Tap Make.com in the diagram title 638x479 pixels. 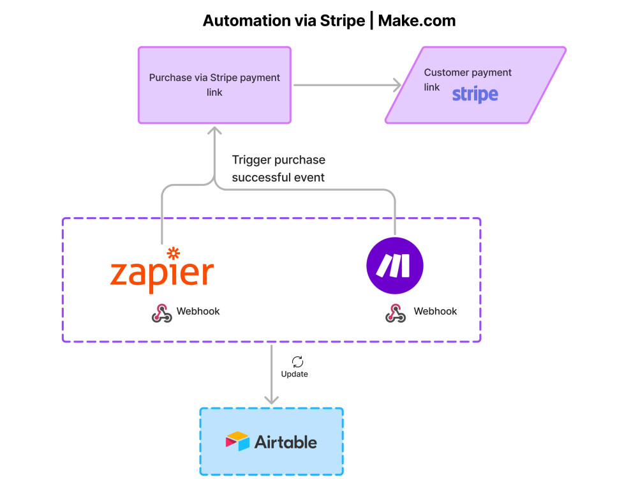click(x=417, y=20)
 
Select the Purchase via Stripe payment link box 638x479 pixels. click(x=214, y=85)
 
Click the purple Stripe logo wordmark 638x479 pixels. click(x=475, y=95)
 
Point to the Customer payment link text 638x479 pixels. click(x=467, y=73)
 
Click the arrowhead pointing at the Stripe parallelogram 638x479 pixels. click(x=396, y=85)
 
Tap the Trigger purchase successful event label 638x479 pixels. click(x=278, y=169)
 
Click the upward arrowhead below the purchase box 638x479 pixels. click(x=214, y=131)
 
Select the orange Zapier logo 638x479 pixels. click(x=161, y=272)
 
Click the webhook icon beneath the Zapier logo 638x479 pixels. click(x=161, y=313)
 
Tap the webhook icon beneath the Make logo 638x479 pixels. click(x=395, y=313)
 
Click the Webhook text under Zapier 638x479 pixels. click(x=198, y=312)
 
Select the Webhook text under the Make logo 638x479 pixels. click(x=435, y=312)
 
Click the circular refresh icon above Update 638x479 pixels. click(x=297, y=361)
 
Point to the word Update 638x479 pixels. click(x=294, y=374)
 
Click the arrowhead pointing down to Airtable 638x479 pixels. click(x=272, y=399)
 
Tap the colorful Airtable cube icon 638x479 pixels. click(x=237, y=442)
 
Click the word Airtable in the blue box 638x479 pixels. click(x=285, y=442)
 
